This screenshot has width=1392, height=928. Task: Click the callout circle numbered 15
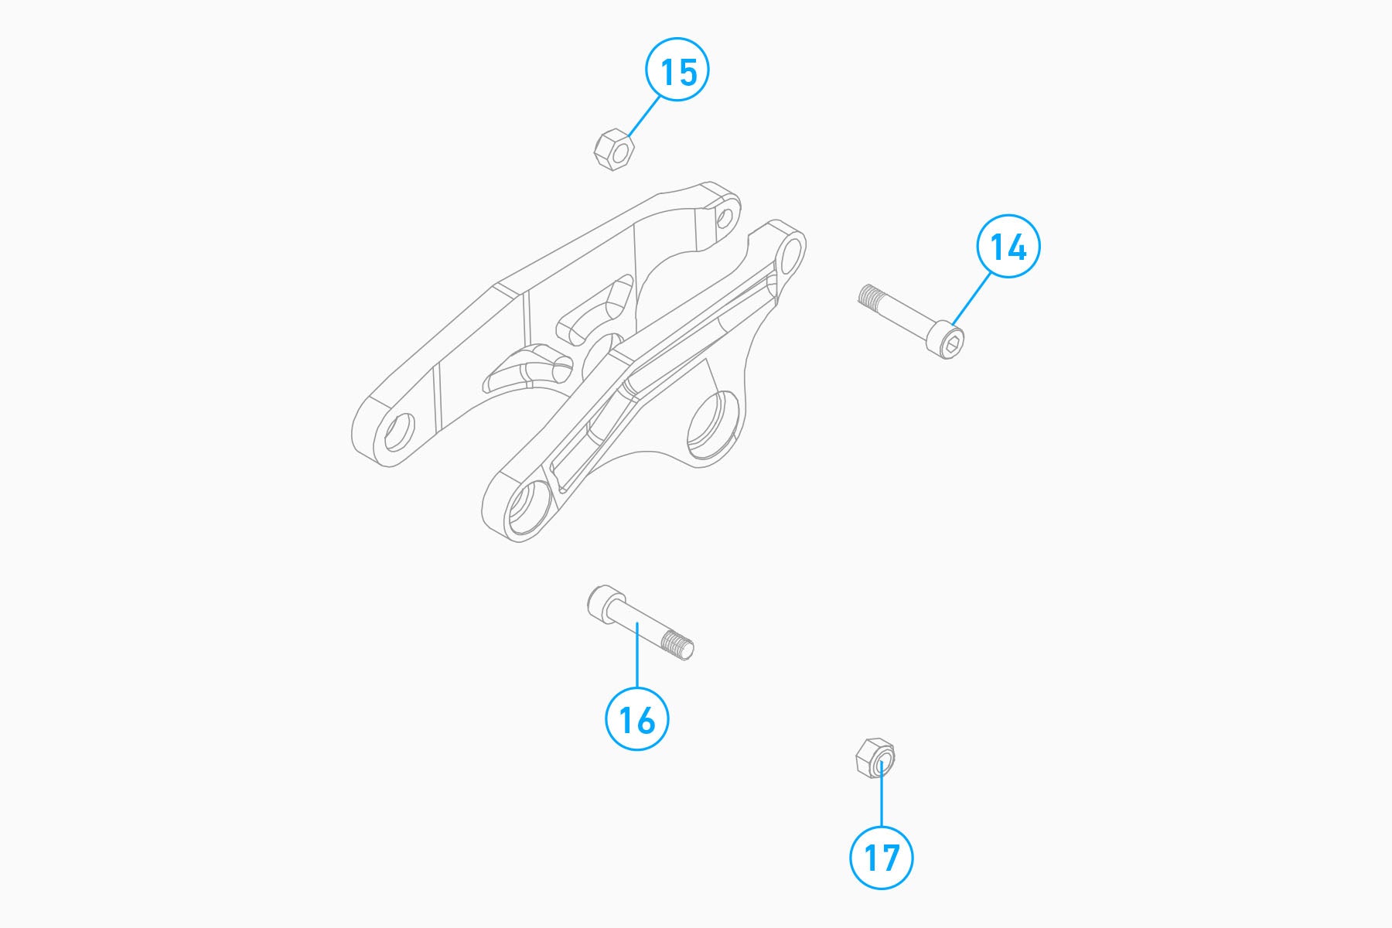[x=677, y=70]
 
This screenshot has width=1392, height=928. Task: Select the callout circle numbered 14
[x=1008, y=247]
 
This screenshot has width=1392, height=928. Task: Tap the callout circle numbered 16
[x=636, y=719]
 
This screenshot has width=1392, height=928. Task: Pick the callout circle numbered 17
[x=881, y=858]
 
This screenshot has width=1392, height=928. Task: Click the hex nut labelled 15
[x=614, y=150]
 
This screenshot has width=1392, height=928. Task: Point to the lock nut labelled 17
[x=875, y=758]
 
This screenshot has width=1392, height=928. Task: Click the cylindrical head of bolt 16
[x=606, y=602]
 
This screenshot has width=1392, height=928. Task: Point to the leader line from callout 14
[x=971, y=299]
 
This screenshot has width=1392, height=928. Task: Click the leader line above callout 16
[x=636, y=656]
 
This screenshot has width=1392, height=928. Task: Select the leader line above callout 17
[x=881, y=794]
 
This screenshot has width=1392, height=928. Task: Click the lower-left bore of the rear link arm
[x=399, y=433]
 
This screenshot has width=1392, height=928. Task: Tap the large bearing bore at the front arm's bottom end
[x=528, y=508]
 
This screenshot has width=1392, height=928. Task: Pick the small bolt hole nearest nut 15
[x=725, y=217]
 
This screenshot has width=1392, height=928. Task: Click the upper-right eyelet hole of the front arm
[x=790, y=255]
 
